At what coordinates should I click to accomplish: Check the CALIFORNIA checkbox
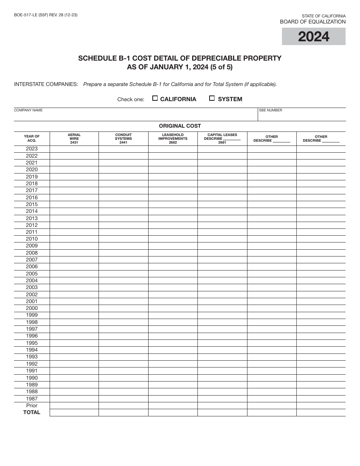coord(155,99)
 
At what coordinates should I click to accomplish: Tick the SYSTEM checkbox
coord(212,99)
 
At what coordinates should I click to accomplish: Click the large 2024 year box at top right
coord(313,37)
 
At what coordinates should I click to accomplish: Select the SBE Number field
coord(302,115)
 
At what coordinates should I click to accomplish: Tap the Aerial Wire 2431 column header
coord(74,139)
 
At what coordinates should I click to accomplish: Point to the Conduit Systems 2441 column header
coord(124,139)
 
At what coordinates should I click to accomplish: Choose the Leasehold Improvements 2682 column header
coord(173,139)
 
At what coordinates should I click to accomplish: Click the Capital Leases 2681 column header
coord(222,139)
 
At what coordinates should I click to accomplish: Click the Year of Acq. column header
coord(32,139)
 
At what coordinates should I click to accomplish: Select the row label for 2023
coord(32,149)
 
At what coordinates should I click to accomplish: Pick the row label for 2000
coord(32,308)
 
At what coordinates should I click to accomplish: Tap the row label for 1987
coord(32,399)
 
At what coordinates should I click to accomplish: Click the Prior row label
coord(32,405)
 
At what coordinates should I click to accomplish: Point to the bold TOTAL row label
coord(32,413)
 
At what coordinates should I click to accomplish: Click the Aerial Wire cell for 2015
coord(74,205)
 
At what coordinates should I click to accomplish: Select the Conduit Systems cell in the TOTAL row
coord(124,413)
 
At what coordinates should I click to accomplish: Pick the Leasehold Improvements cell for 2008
coord(173,253)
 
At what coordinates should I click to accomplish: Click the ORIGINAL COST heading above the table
coord(180,126)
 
